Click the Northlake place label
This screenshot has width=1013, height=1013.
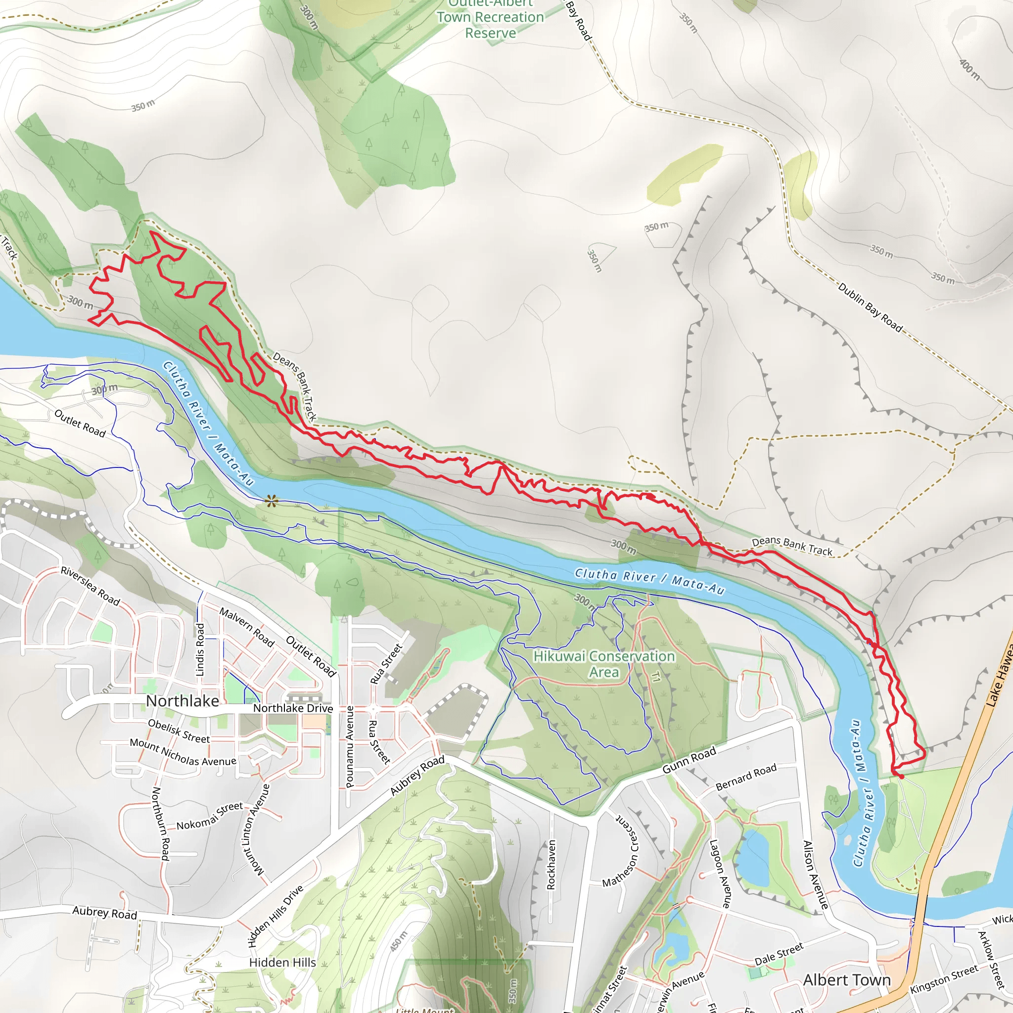pos(183,701)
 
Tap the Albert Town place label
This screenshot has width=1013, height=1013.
pos(847,980)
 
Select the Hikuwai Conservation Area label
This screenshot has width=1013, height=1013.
pos(604,664)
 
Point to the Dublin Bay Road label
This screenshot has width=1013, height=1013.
pos(870,308)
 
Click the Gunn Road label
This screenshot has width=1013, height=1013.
pos(689,760)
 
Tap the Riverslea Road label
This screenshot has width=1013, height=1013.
pos(90,586)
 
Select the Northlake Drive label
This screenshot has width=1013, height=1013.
pos(293,708)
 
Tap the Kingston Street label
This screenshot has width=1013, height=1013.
pos(944,979)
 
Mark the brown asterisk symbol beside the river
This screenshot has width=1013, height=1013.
pos(271,501)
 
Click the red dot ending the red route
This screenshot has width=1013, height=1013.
pos(902,777)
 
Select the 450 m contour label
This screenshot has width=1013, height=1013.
pos(399,941)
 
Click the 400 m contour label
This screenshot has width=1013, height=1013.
pos(969,69)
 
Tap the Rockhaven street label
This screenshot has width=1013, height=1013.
pos(551,865)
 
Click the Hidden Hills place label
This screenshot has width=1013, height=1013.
pos(282,963)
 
